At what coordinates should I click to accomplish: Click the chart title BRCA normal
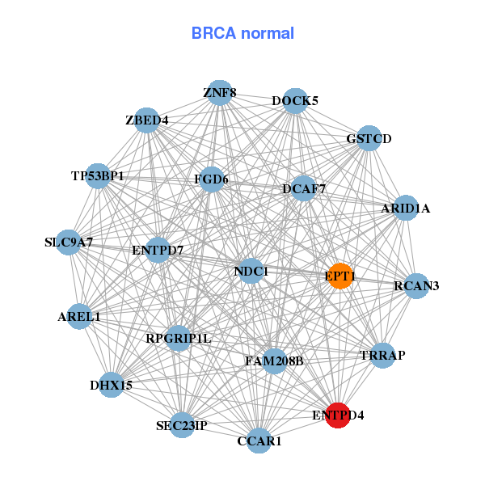click(x=242, y=34)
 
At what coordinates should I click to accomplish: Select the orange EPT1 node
click(x=340, y=276)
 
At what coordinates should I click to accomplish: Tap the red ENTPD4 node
click(x=338, y=415)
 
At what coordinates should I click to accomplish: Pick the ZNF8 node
click(x=220, y=93)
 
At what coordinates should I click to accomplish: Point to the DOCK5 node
click(x=295, y=101)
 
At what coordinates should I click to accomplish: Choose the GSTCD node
click(x=369, y=138)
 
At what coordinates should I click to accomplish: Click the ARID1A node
click(x=406, y=209)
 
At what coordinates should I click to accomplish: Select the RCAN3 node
click(x=416, y=285)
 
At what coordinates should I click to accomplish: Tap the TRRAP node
click(x=382, y=356)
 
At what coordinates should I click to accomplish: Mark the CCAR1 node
click(x=259, y=441)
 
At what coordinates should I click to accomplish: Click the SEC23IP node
click(x=182, y=424)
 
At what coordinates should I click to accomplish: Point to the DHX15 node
click(x=112, y=385)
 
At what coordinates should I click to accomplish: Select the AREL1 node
click(x=79, y=316)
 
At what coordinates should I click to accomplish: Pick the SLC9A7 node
click(x=69, y=242)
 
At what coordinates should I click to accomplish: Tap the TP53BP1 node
click(x=98, y=175)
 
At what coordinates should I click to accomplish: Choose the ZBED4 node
click(x=146, y=120)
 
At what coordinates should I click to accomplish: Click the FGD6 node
click(x=211, y=179)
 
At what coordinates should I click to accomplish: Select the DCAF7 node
click(x=304, y=189)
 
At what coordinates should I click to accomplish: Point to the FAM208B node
click(x=274, y=361)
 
